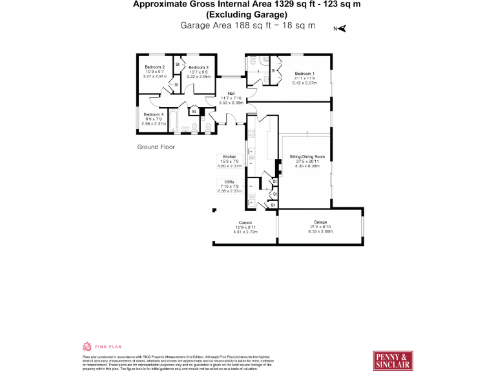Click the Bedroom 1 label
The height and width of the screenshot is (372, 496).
click(x=304, y=73)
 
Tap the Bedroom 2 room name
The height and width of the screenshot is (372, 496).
click(x=154, y=67)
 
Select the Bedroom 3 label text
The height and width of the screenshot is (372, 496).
click(x=198, y=67)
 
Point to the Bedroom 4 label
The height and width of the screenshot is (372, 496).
click(x=154, y=114)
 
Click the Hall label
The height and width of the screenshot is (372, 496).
click(x=231, y=94)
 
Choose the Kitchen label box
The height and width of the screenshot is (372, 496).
click(x=230, y=157)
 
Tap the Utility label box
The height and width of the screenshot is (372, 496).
click(x=229, y=182)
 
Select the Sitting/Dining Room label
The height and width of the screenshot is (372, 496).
click(x=307, y=157)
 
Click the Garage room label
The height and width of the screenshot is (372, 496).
click(x=321, y=222)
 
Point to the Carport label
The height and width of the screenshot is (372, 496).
click(x=245, y=222)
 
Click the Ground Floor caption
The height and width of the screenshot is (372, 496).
click(x=156, y=147)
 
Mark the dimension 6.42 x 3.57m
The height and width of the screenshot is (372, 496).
click(x=304, y=83)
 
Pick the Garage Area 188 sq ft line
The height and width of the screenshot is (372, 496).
click(x=249, y=25)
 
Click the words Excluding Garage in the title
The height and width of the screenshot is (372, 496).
click(x=247, y=14)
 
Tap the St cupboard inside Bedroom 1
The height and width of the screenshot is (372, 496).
click(x=273, y=70)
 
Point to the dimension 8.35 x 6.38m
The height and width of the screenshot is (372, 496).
click(x=307, y=166)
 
